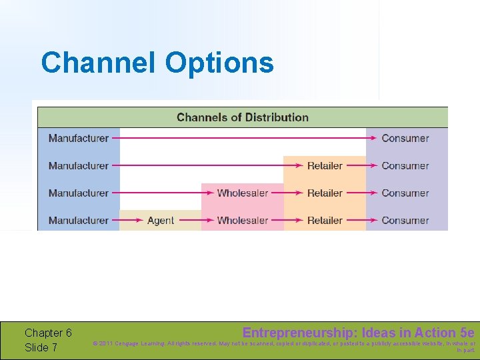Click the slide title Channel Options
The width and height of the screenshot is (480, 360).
pos(157,63)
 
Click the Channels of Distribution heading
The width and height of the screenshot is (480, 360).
pos(242,117)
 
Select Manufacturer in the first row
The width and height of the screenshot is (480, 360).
pos(78,138)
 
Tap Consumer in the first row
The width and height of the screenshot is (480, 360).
pos(405,138)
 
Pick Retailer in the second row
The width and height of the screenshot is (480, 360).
pos(325,165)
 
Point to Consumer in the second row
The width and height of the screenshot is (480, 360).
pos(405,165)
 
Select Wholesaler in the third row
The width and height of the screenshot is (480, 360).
pos(242,193)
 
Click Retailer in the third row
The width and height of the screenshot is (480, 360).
pos(325,193)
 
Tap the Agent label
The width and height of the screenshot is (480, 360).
pos(161,221)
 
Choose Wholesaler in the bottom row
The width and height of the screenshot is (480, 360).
pos(242,221)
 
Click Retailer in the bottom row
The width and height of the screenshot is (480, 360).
pos(325,221)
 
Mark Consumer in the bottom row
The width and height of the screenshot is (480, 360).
pos(405,221)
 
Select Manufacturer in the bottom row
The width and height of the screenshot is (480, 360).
pos(78,221)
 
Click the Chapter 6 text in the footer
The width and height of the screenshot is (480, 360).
pos(48,333)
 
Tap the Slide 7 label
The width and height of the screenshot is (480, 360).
pos(41,347)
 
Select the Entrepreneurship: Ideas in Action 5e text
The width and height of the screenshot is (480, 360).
pos(358,333)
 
